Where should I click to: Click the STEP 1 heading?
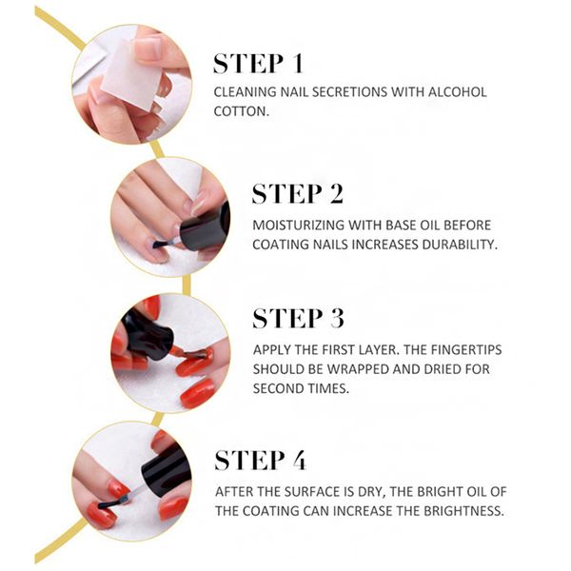[x=258, y=64]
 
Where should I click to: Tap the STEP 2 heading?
[x=298, y=193]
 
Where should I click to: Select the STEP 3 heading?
[x=298, y=319]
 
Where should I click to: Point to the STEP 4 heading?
[x=261, y=460]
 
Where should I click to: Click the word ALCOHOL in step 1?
[x=457, y=92]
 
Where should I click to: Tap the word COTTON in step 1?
[x=241, y=111]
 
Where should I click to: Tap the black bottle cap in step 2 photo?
[x=206, y=227]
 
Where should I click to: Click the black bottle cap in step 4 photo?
[x=166, y=468]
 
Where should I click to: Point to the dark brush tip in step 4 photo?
[x=113, y=503]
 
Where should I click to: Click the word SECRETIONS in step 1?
[x=349, y=92]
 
